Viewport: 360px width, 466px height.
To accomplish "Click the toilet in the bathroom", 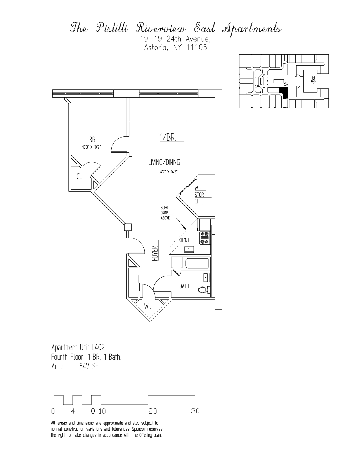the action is (204, 290).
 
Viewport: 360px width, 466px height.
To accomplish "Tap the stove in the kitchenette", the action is (204, 238).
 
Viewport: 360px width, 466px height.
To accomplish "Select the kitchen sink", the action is (188, 249).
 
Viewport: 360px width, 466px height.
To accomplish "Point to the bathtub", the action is (197, 264).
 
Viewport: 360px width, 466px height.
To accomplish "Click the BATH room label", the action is (184, 286).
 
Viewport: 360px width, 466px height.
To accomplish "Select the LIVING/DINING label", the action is (164, 162).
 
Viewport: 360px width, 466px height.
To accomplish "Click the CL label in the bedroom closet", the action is (80, 177).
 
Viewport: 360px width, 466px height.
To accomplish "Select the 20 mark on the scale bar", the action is (152, 411).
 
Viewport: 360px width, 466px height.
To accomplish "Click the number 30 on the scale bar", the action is (195, 411).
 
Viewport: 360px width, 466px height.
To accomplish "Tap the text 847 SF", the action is (89, 367).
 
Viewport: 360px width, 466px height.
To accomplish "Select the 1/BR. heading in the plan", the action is (168, 138).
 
